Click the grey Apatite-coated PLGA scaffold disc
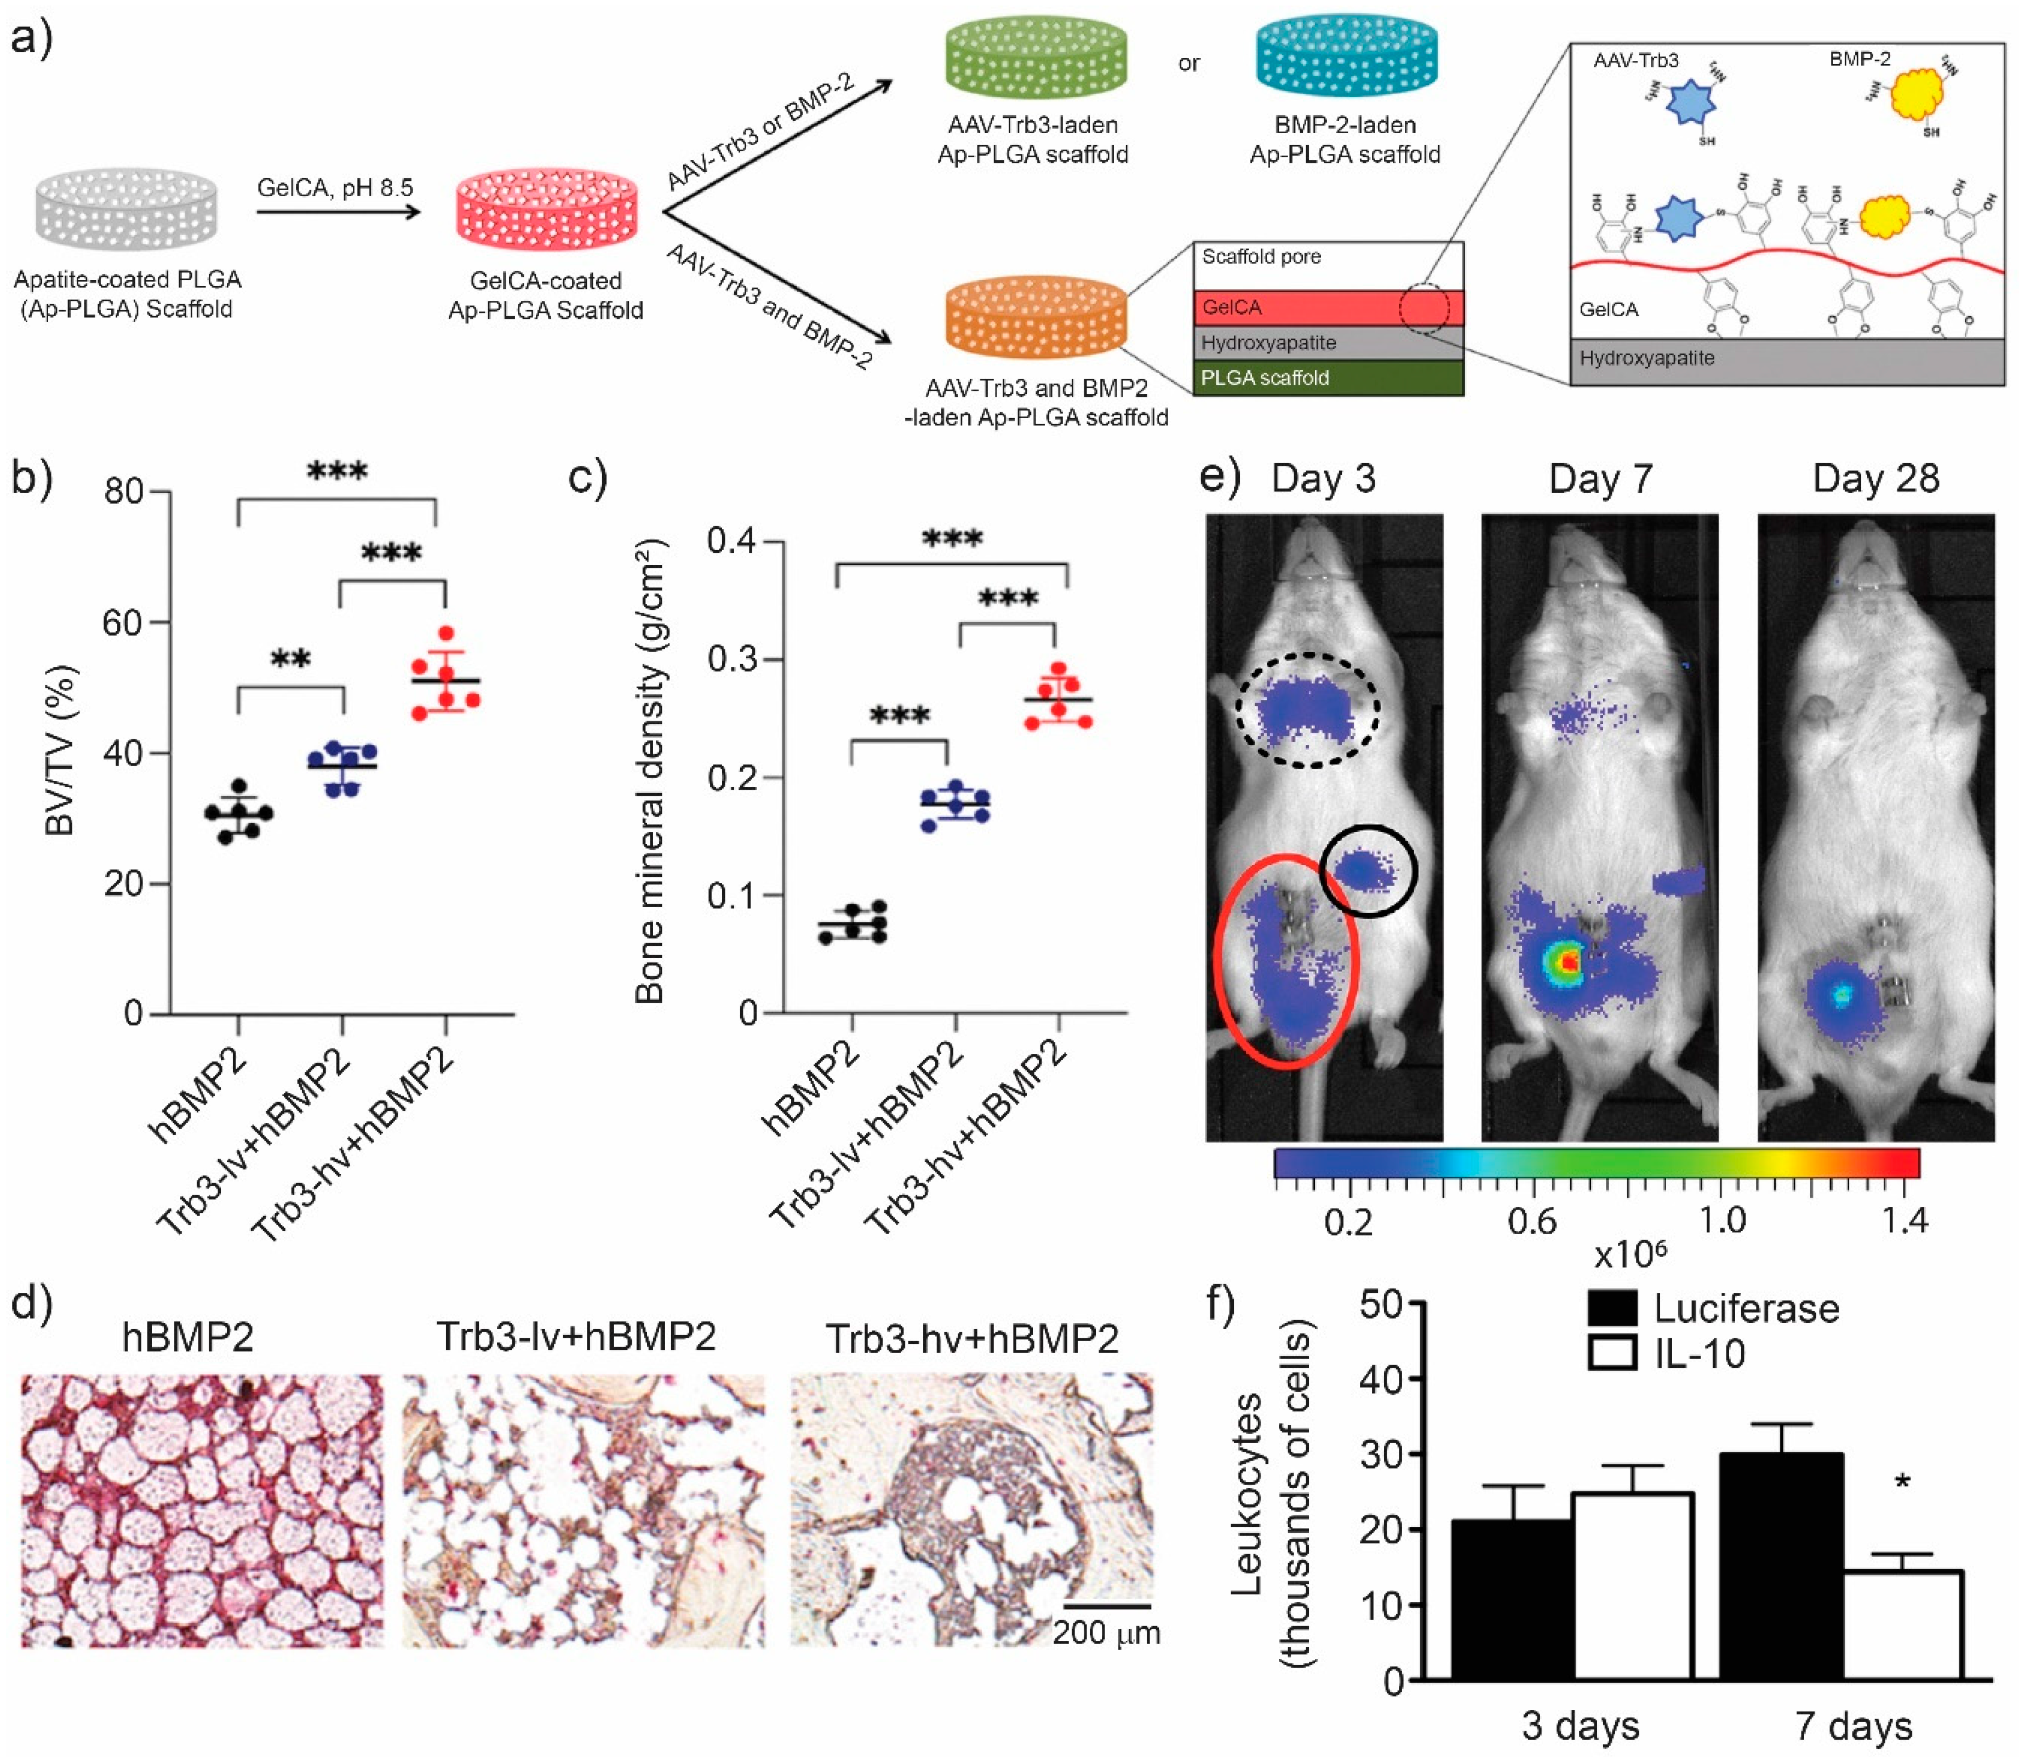pyautogui.click(x=127, y=209)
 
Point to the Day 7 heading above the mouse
pyautogui.click(x=1600, y=480)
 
